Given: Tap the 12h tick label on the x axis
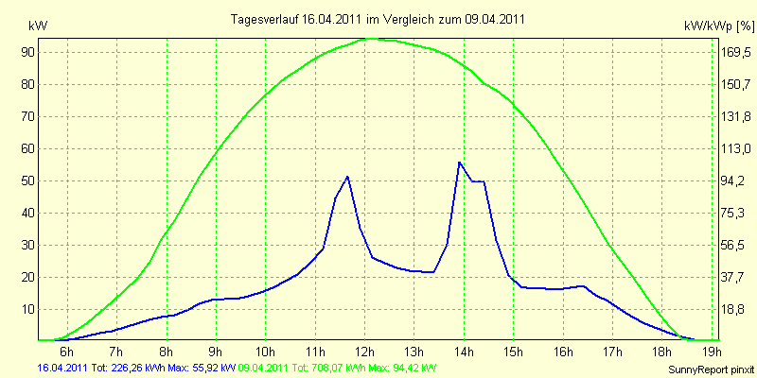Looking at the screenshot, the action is click(x=364, y=351).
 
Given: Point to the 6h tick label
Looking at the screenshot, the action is click(x=66, y=351).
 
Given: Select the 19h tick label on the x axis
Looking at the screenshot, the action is click(x=712, y=351).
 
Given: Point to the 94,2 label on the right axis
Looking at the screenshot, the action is click(x=731, y=180).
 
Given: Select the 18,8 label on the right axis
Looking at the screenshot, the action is click(x=731, y=310).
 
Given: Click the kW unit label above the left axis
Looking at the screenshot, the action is click(x=38, y=26).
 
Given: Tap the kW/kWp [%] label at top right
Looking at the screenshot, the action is click(x=719, y=26).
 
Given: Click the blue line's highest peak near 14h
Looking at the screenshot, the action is click(x=459, y=162).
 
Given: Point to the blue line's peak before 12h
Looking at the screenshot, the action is click(x=347, y=177).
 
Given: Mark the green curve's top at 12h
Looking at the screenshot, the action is click(x=369, y=38).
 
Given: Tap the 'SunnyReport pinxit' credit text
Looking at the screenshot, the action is click(x=711, y=369).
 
